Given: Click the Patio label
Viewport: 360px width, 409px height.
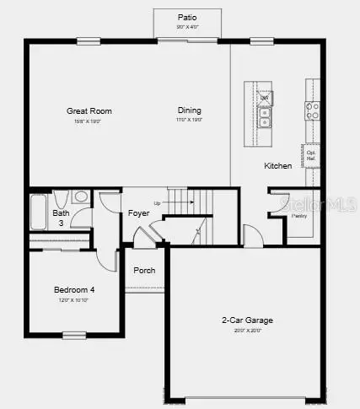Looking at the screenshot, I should tap(186, 17).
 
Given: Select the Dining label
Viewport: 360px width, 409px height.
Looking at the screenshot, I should tap(190, 110).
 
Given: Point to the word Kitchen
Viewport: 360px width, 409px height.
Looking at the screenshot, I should tap(277, 165).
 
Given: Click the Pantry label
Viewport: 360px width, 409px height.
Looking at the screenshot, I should tap(299, 216).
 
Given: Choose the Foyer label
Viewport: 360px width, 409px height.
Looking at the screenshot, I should tap(138, 213).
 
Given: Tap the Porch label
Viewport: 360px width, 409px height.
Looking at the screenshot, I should tap(144, 271).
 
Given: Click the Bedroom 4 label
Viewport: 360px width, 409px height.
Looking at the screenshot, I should tap(74, 290).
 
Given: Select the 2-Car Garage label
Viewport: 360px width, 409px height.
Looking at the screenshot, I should tap(247, 320).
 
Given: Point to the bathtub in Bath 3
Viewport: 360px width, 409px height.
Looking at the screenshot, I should tap(38, 212).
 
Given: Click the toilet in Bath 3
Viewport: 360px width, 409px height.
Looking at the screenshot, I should tap(80, 197).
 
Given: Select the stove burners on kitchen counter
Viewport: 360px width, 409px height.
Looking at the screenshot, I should tap(312, 108).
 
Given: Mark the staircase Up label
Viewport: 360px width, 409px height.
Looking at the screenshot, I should tap(157, 203).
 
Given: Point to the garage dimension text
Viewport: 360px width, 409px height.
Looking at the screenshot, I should tap(247, 331).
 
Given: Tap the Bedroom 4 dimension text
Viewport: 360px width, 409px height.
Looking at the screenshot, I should tap(74, 300).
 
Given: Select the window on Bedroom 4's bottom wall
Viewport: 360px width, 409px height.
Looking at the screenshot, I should tap(75, 336).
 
